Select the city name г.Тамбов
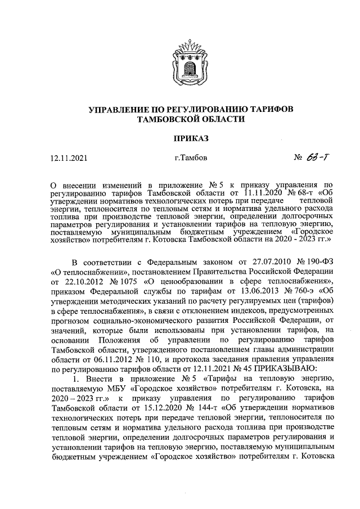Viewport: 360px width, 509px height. (x=191, y=158)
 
